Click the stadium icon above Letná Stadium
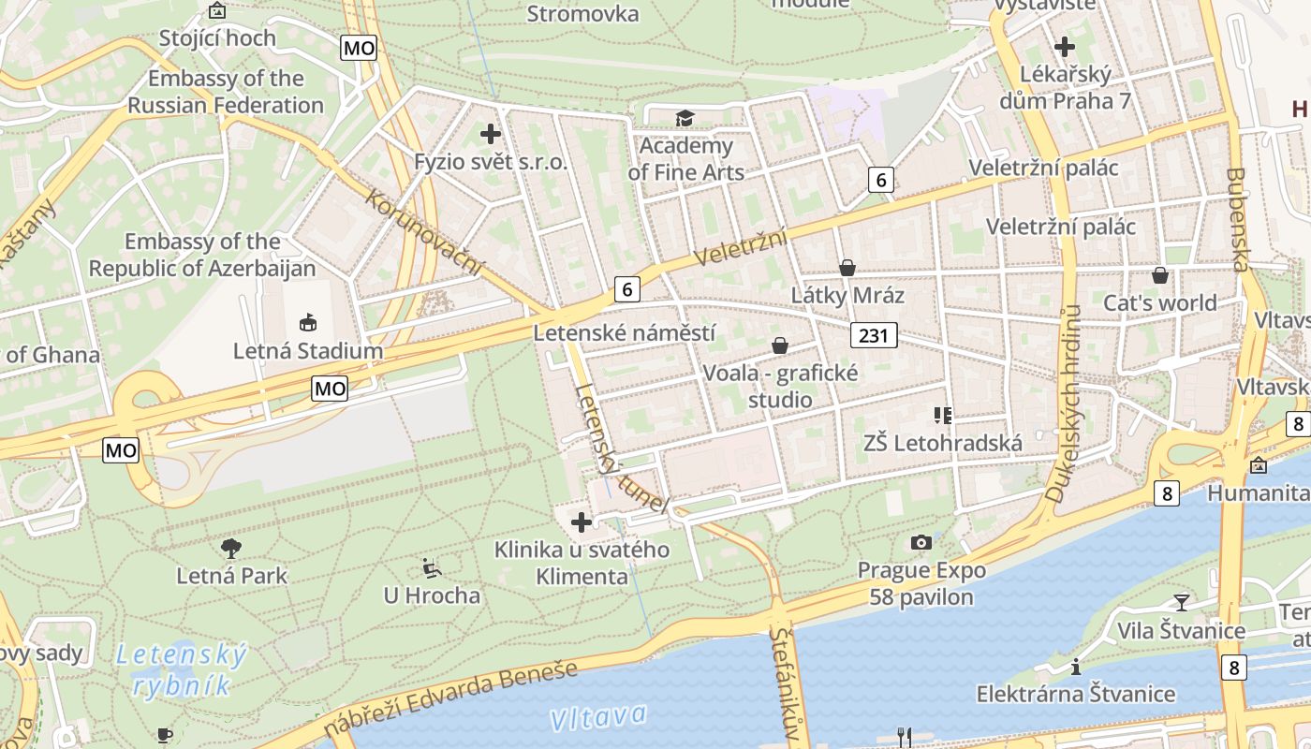[307, 323]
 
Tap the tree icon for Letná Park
[231, 548]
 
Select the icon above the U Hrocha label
[432, 567]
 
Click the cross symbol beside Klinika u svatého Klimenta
[582, 521]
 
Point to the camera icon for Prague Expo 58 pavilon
[921, 542]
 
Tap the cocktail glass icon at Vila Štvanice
[1182, 602]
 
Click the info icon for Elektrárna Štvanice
[1076, 667]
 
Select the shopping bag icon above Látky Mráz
[847, 268]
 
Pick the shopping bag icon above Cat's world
[1160, 275]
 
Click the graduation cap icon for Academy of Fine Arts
[685, 118]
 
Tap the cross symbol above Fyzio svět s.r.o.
[491, 134]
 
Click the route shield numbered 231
[874, 334]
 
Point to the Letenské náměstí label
[624, 332]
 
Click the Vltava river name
[598, 717]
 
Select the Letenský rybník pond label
[182, 669]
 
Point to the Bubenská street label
[1238, 219]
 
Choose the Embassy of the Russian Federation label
[226, 92]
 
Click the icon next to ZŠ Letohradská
[942, 414]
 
